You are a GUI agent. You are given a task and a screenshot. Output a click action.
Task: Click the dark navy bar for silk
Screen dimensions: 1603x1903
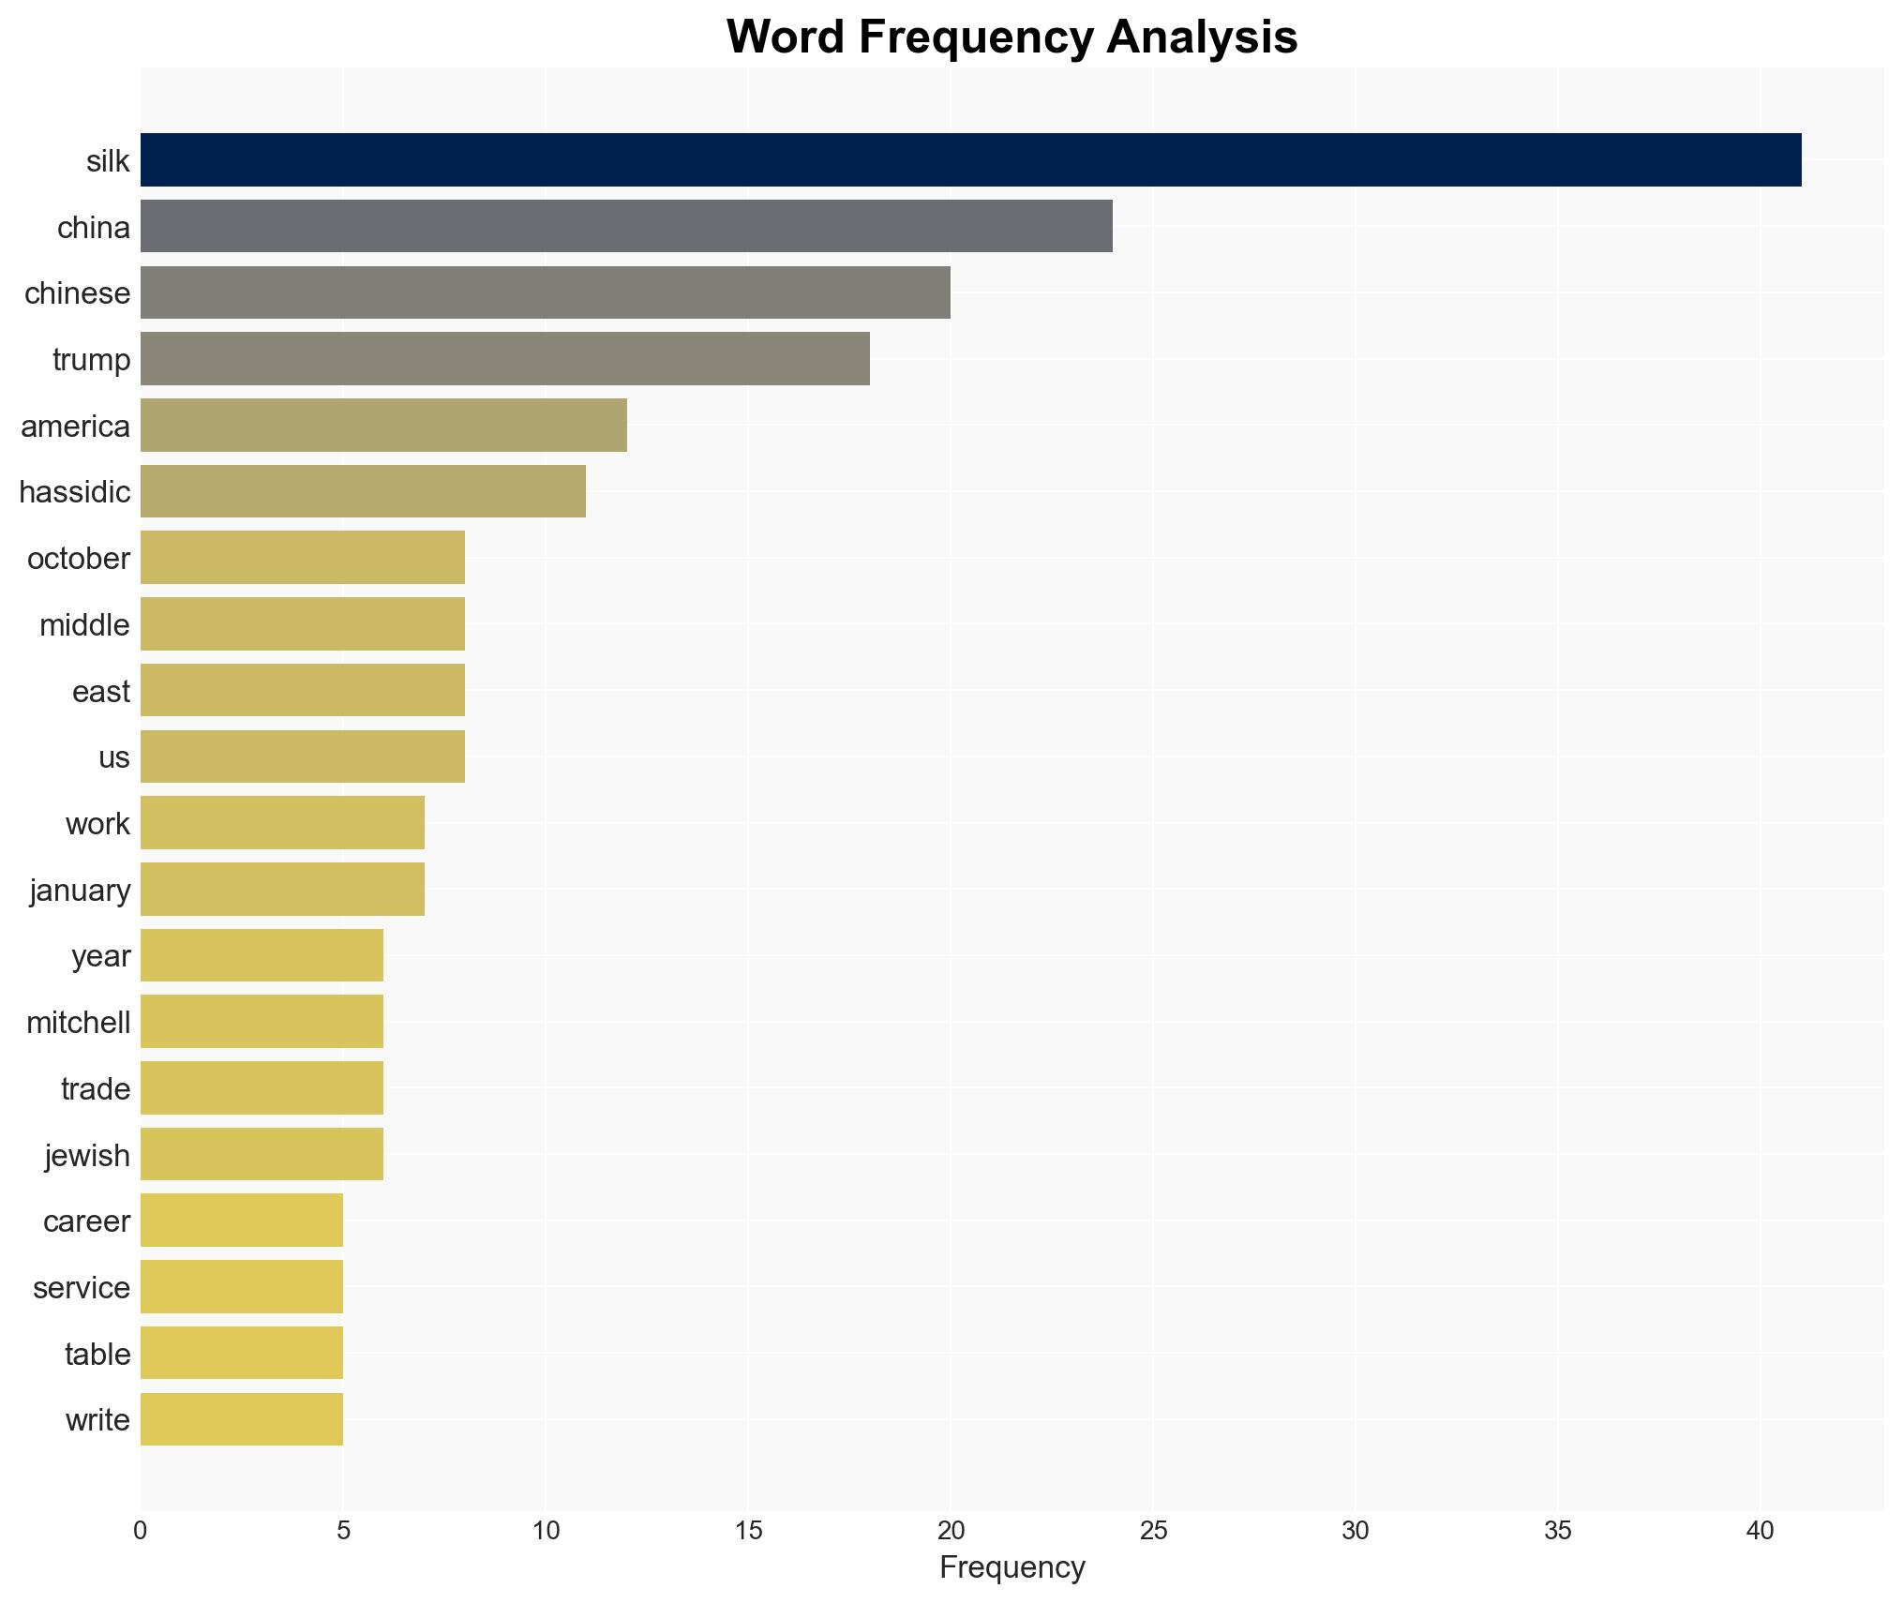tap(970, 160)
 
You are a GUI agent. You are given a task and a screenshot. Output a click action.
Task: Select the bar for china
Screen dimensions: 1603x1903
tap(626, 226)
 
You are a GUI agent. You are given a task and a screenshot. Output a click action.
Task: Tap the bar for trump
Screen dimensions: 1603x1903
tap(504, 359)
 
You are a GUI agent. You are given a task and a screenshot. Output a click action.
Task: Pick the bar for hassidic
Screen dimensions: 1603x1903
tap(363, 491)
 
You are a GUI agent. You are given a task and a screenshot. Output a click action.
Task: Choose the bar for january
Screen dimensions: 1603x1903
tap(282, 889)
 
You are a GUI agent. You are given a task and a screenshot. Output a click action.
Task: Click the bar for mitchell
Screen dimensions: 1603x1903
tap(262, 1022)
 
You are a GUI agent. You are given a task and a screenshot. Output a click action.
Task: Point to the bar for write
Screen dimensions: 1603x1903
tap(242, 1419)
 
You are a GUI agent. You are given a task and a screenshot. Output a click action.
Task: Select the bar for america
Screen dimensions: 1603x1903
tap(383, 426)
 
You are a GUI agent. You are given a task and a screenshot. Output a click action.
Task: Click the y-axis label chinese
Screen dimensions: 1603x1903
tap(77, 293)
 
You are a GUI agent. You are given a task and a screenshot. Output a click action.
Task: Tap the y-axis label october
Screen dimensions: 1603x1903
tap(79, 559)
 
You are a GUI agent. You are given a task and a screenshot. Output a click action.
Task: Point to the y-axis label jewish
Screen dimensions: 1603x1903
tap(87, 1155)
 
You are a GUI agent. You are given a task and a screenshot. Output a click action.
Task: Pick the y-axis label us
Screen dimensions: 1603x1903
tap(114, 757)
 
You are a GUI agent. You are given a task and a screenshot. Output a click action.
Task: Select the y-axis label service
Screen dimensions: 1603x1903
tap(82, 1288)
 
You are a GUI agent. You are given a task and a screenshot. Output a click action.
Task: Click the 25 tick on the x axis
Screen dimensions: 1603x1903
tap(1153, 1531)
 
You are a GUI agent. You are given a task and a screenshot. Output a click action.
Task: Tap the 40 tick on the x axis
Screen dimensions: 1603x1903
tap(1760, 1531)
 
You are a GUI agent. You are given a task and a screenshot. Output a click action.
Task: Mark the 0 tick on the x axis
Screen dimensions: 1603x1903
tap(141, 1531)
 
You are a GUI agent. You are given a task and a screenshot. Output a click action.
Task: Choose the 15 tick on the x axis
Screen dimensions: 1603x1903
tap(748, 1531)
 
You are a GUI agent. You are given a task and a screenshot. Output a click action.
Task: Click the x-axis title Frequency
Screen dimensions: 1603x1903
tap(1011, 1567)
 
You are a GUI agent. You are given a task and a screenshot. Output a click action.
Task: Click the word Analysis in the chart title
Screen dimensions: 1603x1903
tap(1201, 37)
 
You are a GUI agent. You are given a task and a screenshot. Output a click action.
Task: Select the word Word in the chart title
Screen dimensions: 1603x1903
tap(786, 37)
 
